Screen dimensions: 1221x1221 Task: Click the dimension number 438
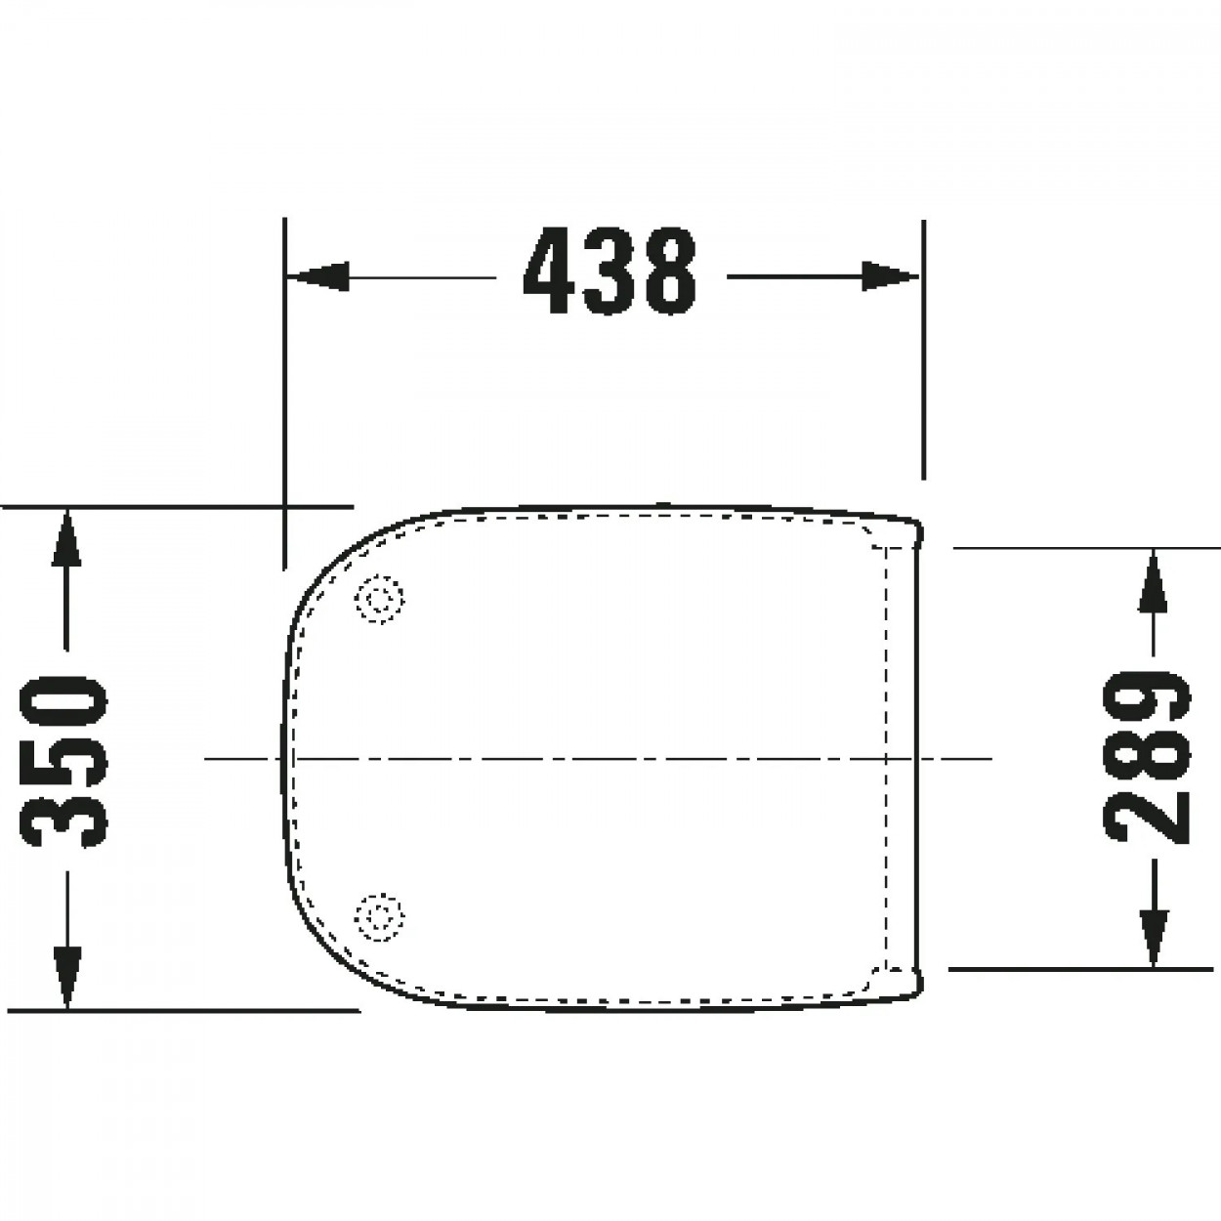point(609,271)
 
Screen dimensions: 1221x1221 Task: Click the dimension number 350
point(64,762)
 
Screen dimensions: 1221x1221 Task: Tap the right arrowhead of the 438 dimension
point(890,276)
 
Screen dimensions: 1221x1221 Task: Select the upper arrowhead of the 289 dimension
point(1154,580)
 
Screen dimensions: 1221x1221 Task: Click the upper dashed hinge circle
point(380,599)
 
